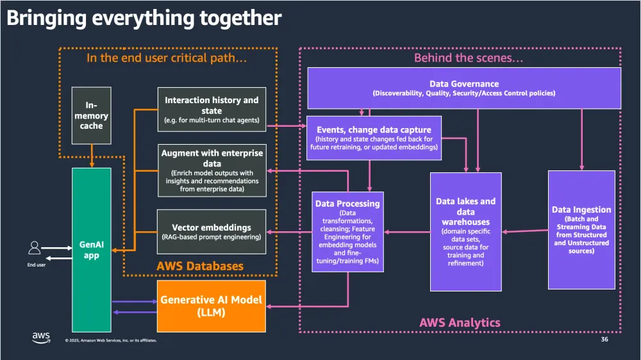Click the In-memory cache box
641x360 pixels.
[92, 117]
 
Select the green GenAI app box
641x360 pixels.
[92, 250]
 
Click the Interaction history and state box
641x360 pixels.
[212, 110]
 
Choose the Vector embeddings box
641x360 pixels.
[212, 231]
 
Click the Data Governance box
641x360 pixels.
[464, 88]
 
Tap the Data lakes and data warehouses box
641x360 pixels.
[465, 231]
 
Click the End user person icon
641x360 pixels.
[35, 247]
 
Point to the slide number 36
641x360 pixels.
[604, 339]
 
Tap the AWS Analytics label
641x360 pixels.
[460, 322]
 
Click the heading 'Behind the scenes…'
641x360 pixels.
[460, 58]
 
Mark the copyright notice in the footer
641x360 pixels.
[110, 340]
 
